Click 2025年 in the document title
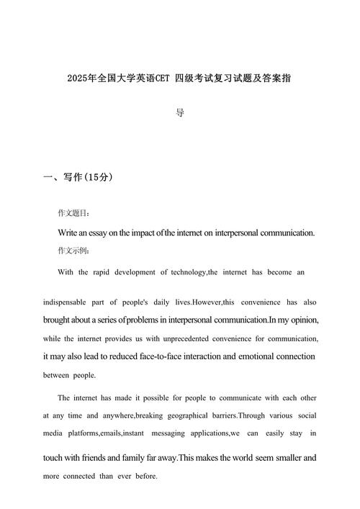click(x=78, y=77)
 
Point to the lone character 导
click(x=180, y=113)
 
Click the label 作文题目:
click(x=74, y=214)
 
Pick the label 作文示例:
click(x=74, y=251)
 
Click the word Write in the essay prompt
click(x=68, y=233)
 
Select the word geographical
click(x=185, y=415)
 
